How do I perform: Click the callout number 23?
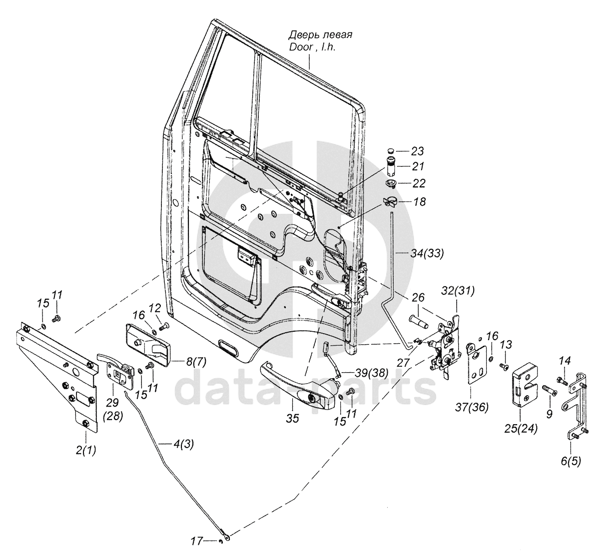click(417, 150)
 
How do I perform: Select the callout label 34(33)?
click(426, 254)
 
